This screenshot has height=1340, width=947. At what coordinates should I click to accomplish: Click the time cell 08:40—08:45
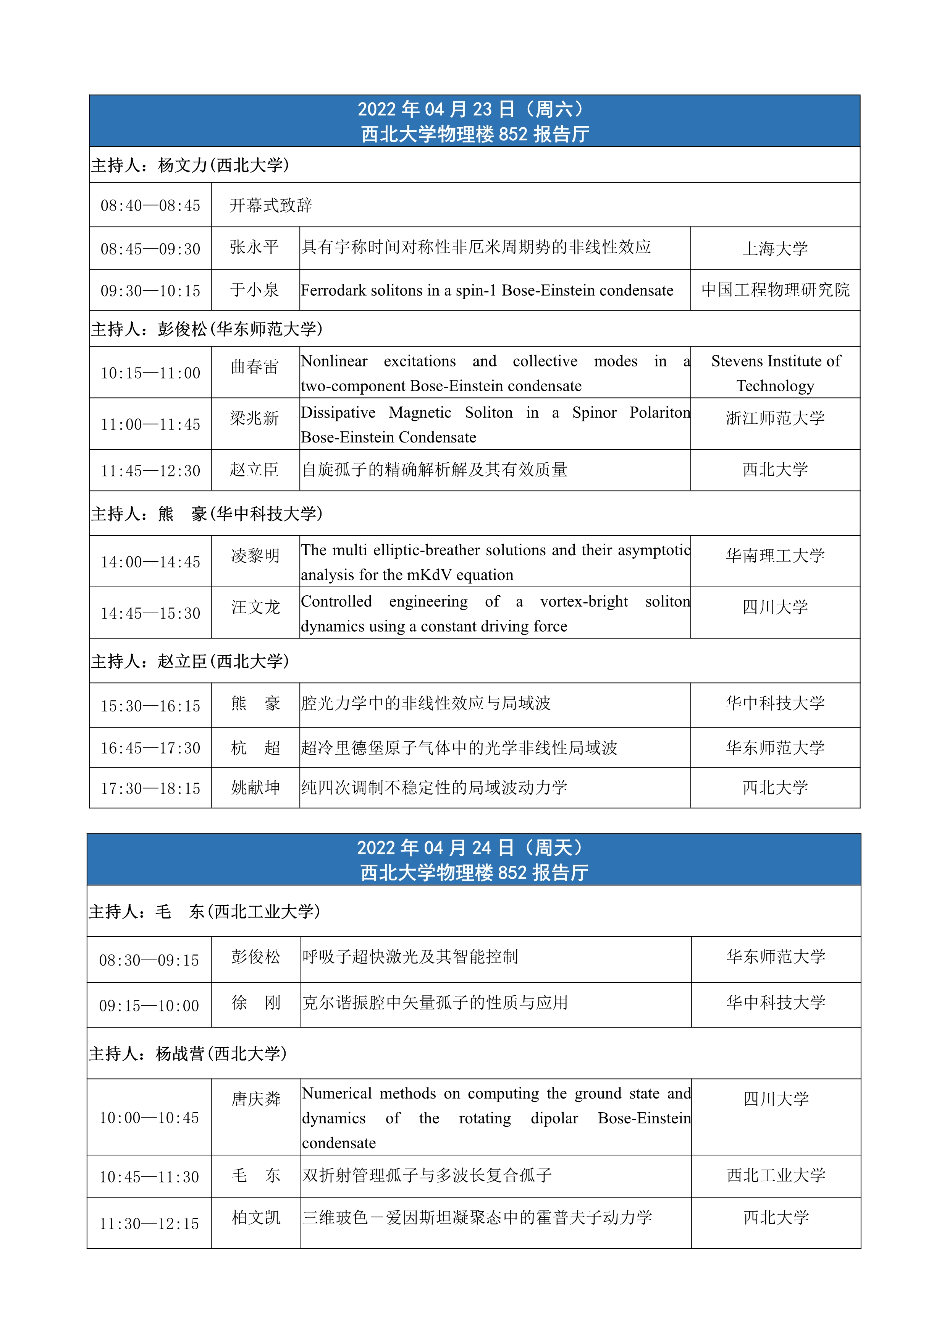click(150, 206)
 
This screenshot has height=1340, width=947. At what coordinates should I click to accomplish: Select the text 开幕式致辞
click(271, 206)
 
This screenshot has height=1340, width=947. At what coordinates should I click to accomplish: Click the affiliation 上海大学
click(775, 249)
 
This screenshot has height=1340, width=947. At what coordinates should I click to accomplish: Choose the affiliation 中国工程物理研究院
click(775, 290)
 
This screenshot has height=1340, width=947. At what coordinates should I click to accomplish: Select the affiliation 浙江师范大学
click(775, 418)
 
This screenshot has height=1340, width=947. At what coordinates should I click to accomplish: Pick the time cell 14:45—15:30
click(150, 613)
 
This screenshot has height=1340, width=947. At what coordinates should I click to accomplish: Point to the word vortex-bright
click(584, 602)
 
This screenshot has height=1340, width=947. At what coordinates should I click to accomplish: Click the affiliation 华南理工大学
click(775, 556)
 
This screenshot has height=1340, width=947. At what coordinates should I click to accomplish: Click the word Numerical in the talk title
click(336, 1094)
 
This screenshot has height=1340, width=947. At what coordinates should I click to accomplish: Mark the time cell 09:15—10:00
click(149, 1006)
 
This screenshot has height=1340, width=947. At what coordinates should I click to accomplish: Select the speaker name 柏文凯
click(255, 1217)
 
